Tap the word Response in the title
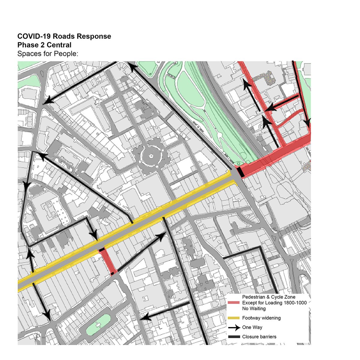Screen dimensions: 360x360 point(95,36)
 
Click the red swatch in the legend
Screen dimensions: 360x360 point(234,303)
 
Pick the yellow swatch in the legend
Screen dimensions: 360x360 point(234,318)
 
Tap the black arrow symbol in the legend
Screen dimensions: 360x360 point(234,327)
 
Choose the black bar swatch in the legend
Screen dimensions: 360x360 point(234,337)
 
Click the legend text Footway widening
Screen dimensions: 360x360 point(261,318)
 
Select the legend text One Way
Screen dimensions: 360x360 point(252,327)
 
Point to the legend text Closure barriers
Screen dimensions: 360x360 point(259,337)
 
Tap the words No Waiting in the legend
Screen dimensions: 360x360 point(254,308)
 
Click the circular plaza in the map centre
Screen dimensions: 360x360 point(150,156)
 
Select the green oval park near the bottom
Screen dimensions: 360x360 point(98,325)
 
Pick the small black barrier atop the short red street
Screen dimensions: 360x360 point(102,250)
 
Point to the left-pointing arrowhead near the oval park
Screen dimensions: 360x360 point(145,317)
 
